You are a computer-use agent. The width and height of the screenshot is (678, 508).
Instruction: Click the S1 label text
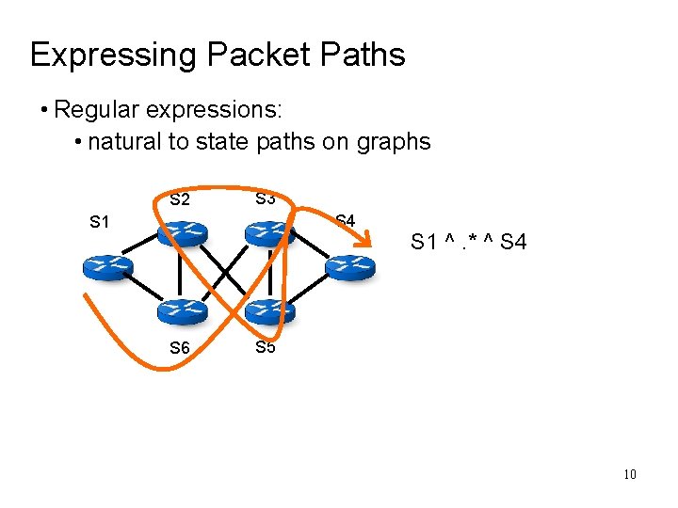(x=100, y=222)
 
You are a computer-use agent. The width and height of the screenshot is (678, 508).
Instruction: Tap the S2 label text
(x=180, y=199)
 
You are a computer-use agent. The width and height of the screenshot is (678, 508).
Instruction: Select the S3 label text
(x=265, y=198)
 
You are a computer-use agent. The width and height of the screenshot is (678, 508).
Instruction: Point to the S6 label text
(x=179, y=348)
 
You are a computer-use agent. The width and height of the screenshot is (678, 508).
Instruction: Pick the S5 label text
(x=265, y=347)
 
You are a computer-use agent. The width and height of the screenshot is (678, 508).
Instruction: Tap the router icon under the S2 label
(x=184, y=231)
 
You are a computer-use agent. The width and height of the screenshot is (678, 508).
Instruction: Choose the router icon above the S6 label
(x=184, y=310)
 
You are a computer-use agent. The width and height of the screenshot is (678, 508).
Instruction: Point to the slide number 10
(x=629, y=474)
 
